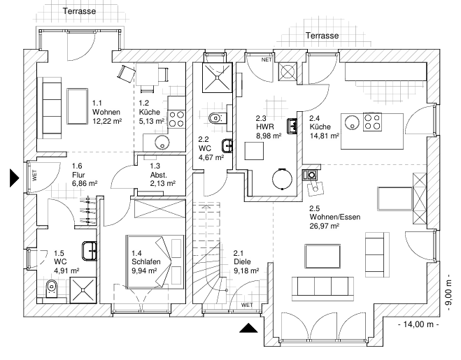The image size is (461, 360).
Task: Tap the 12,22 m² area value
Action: pyautogui.click(x=107, y=121)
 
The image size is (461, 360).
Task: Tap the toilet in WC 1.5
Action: pyautogui.click(x=50, y=288)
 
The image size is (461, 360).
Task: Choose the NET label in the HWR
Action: pyautogui.click(x=266, y=60)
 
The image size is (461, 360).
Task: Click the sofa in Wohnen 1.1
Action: pyautogui.click(x=50, y=106)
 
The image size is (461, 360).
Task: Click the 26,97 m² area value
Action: pyautogui.click(x=325, y=226)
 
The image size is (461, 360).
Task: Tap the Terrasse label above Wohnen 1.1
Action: pyautogui.click(x=79, y=11)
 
